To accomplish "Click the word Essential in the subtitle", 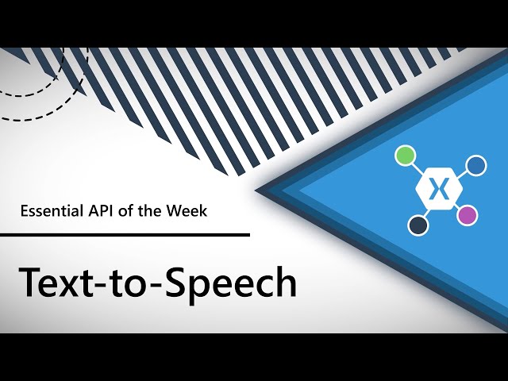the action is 52,210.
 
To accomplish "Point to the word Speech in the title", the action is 231,284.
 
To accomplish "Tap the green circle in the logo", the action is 406,155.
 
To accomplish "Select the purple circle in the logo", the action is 468,215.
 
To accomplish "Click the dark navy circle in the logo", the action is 418,225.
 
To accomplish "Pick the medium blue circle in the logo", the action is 476,166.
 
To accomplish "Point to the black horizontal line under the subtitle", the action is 125,235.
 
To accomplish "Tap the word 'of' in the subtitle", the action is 126,210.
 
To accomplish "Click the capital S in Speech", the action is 177,281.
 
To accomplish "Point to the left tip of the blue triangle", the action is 256,190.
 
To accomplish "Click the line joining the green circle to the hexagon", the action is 416,167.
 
